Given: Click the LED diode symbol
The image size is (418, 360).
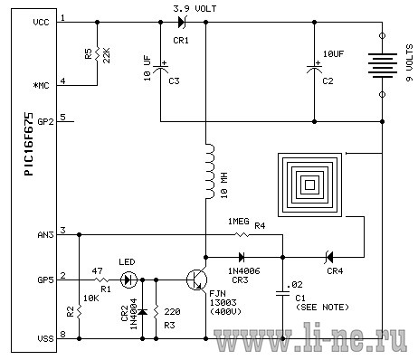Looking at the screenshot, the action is [x=128, y=280].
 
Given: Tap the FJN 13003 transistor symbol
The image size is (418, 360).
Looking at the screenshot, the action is [x=196, y=280].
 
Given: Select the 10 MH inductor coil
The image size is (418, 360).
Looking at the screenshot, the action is [x=210, y=171].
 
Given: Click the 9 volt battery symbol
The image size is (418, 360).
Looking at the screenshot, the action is [x=382, y=65].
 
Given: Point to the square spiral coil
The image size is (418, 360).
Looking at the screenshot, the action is [x=309, y=185].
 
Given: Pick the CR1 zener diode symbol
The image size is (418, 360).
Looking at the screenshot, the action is [x=182, y=22].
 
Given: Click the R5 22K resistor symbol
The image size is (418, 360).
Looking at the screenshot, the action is [x=97, y=53].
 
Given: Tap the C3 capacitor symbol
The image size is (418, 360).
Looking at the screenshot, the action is [x=160, y=69].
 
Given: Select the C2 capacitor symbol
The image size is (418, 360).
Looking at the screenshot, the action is [x=314, y=69].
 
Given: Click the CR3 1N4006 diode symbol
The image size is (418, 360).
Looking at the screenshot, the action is [x=242, y=257].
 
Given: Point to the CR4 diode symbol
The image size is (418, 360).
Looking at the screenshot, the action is [x=329, y=257].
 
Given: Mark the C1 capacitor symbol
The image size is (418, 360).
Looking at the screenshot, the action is [x=282, y=293].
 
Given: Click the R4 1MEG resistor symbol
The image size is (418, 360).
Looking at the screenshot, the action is [x=242, y=234].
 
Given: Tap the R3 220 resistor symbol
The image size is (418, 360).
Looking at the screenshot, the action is [x=156, y=311].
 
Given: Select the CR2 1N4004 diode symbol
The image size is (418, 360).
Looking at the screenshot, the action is [x=142, y=311].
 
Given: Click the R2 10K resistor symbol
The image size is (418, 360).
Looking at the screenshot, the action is [x=79, y=311].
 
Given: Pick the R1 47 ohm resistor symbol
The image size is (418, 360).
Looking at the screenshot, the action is [x=102, y=280].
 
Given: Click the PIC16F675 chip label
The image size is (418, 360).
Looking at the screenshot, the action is [x=29, y=144].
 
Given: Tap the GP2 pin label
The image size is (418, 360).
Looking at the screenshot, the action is [x=45, y=122].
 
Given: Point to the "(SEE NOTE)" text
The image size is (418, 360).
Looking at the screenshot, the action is [x=322, y=308].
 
